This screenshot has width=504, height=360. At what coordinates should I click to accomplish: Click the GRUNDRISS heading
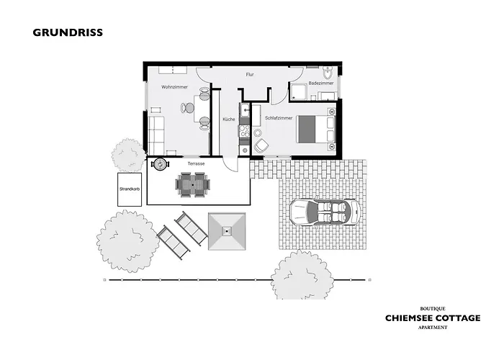coord(68,32)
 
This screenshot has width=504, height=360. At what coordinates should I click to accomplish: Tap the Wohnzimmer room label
coord(174,87)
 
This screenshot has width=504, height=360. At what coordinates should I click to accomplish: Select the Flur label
coord(250,75)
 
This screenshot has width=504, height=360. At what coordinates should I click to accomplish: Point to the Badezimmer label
coord(321,84)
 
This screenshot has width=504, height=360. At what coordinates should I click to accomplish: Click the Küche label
coord(229,120)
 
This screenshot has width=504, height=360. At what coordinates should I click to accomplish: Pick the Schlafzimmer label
coord(279,118)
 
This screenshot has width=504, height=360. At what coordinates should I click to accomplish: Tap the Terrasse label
coord(196,163)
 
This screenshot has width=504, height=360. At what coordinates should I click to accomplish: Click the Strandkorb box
coord(130,189)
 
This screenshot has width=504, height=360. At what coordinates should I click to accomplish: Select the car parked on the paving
coord(325,212)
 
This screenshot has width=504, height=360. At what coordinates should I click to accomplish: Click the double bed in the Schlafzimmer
coord(317,129)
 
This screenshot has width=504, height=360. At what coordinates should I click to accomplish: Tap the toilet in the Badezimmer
coord(328,73)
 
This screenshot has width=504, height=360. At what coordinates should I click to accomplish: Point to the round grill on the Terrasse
coord(160,164)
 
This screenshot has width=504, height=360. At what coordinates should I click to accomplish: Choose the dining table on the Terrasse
coord(192,185)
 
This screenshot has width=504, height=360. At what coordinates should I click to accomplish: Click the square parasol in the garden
coord(227,231)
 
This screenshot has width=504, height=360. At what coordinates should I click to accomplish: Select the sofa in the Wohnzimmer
coord(156,135)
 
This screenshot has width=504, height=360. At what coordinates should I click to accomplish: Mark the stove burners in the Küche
coord(244,131)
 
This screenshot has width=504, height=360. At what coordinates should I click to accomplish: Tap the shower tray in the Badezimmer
coord(299,91)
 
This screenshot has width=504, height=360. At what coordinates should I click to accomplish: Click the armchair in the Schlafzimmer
coord(261,145)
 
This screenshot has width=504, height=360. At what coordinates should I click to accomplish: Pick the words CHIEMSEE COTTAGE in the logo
coord(433,318)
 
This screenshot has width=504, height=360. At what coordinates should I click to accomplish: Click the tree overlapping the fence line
coord(302,276)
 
